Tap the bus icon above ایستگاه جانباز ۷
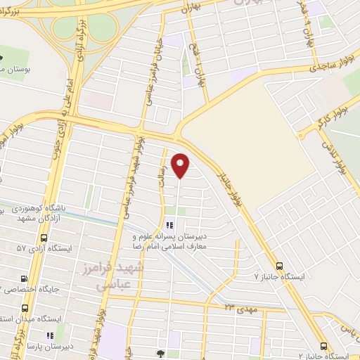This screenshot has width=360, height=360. click(x=280, y=266)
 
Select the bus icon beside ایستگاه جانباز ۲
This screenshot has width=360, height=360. click(x=323, y=346)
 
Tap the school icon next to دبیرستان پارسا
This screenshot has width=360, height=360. click(x=49, y=335)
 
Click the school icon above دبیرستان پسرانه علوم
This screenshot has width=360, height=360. click(x=169, y=226)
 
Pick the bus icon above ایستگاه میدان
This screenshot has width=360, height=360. click(x=26, y=307)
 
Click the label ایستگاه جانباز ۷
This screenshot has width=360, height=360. click(x=279, y=277)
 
